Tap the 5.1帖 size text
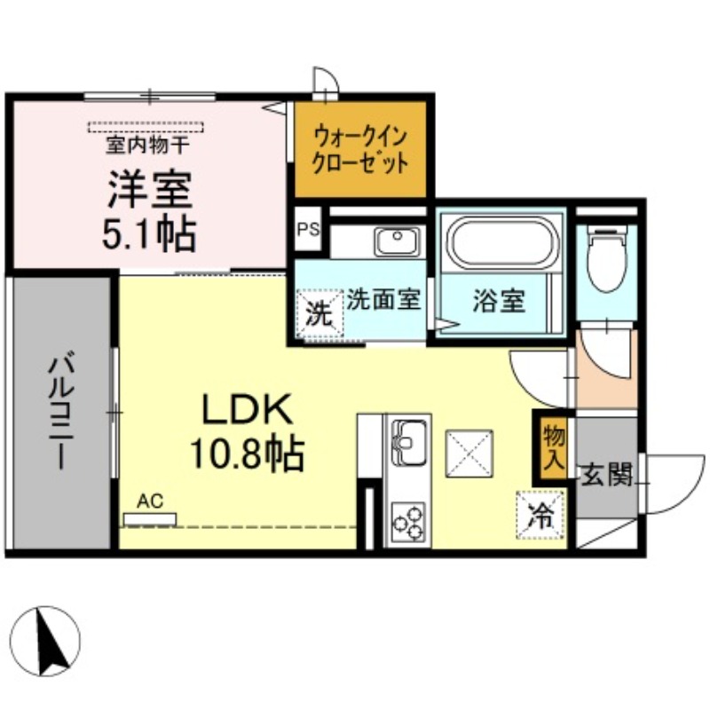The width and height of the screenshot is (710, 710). pos(149,233)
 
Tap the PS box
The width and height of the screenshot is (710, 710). pos(307,230)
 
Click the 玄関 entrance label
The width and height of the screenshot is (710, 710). pos(607,476)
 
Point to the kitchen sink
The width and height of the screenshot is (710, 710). pos(408,438)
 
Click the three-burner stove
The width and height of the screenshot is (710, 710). pos(408,521)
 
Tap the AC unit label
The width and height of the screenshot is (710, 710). pos(150,502)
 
